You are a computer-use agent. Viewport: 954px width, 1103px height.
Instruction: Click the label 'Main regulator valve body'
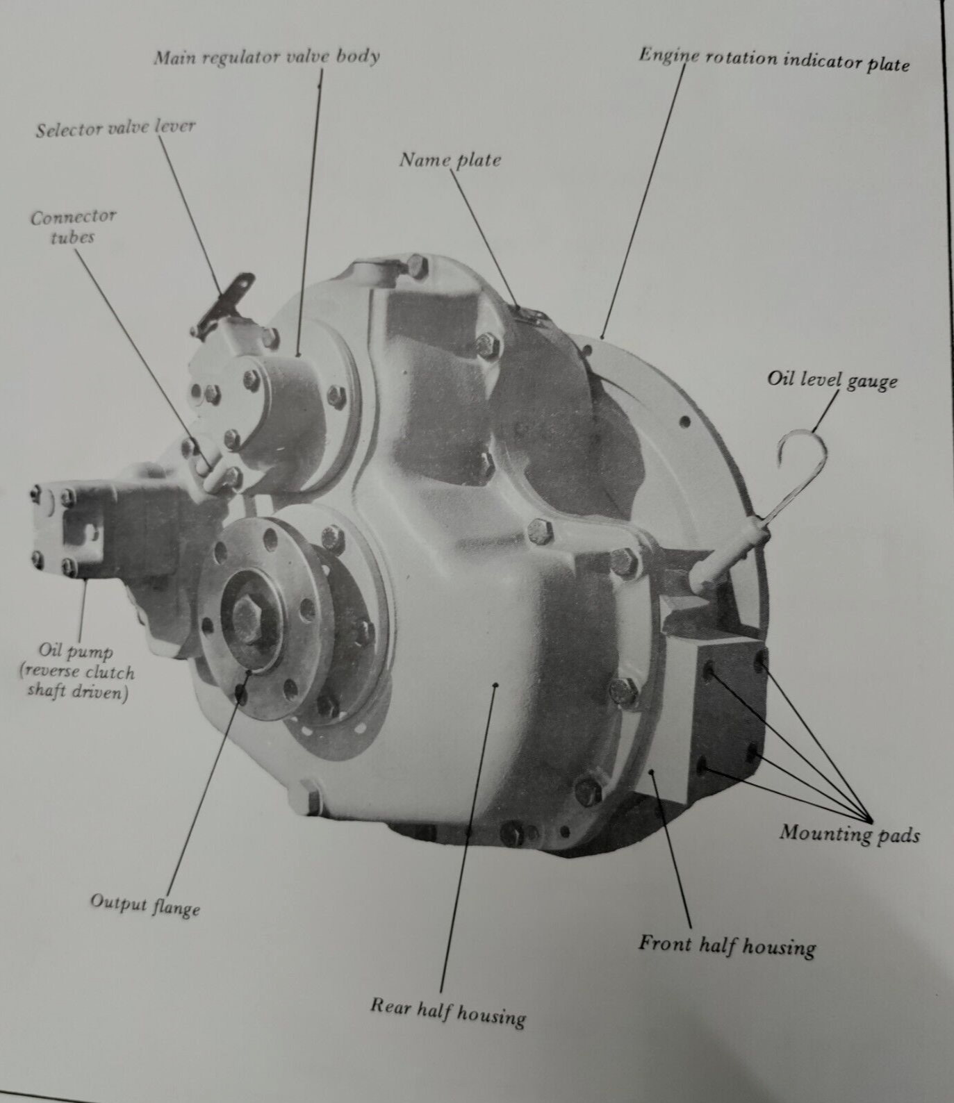coord(266,56)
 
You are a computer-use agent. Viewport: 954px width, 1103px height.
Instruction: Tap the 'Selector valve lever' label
coord(115,128)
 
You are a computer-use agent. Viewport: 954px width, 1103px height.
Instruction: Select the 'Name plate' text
coord(450,160)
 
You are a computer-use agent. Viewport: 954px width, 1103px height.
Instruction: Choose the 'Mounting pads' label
coord(849,833)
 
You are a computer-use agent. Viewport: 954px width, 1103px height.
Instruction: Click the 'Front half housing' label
coord(727,945)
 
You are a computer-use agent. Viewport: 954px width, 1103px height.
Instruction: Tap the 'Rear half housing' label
coord(447,1011)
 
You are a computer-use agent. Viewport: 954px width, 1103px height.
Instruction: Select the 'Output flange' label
coord(145,904)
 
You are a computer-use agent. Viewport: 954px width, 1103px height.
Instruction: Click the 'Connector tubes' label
coord(72,226)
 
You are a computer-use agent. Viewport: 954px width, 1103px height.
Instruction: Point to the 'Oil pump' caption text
coord(76,672)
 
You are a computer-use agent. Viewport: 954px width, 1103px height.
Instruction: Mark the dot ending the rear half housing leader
coord(495,685)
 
